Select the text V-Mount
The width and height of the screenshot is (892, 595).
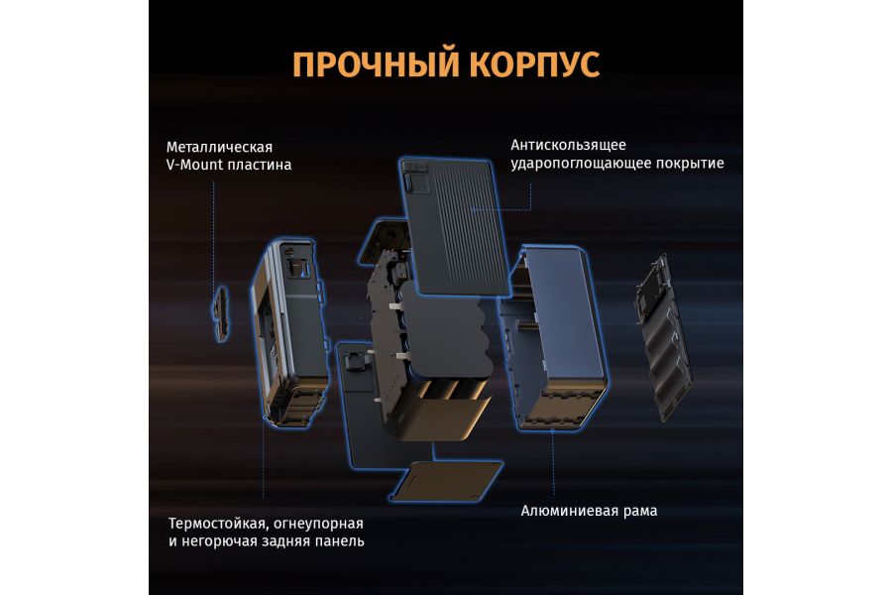[x=195, y=165]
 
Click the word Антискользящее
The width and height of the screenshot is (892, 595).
[x=568, y=144]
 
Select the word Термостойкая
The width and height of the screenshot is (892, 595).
[x=216, y=523]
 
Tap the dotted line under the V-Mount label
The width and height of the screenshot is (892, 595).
[x=214, y=228]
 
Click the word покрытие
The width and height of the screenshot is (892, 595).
[x=695, y=163]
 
